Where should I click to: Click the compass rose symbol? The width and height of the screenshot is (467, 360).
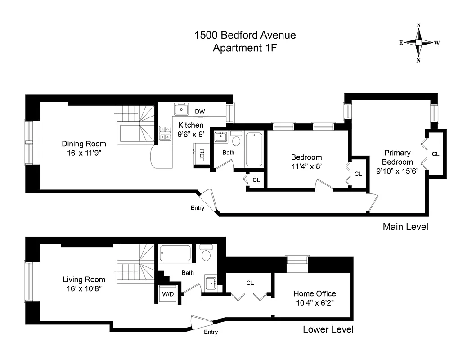[x=418, y=43]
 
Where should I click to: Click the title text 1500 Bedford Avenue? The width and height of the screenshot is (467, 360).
[x=245, y=35]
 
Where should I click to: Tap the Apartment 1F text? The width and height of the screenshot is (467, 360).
[x=245, y=48]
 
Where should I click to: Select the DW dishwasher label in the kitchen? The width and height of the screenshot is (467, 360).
[x=200, y=112]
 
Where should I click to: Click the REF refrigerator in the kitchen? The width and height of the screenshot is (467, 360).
[x=202, y=154]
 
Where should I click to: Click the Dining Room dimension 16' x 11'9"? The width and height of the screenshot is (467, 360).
[x=84, y=153]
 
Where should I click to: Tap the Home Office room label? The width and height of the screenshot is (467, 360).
[x=314, y=293]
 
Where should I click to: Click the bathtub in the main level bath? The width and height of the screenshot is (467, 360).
[x=255, y=149]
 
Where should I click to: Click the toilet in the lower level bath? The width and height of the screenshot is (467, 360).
[x=206, y=254]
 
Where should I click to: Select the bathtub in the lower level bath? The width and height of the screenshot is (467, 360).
[x=176, y=255]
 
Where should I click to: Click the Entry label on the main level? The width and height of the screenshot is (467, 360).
[x=197, y=208]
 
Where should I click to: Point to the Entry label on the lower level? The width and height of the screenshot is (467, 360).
[x=211, y=332]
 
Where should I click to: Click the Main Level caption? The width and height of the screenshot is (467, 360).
[x=405, y=227]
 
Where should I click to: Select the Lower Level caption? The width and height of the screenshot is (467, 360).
[x=328, y=329]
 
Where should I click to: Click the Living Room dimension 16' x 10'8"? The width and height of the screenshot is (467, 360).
[x=84, y=288]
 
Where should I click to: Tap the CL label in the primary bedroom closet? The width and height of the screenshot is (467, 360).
[x=435, y=154]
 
